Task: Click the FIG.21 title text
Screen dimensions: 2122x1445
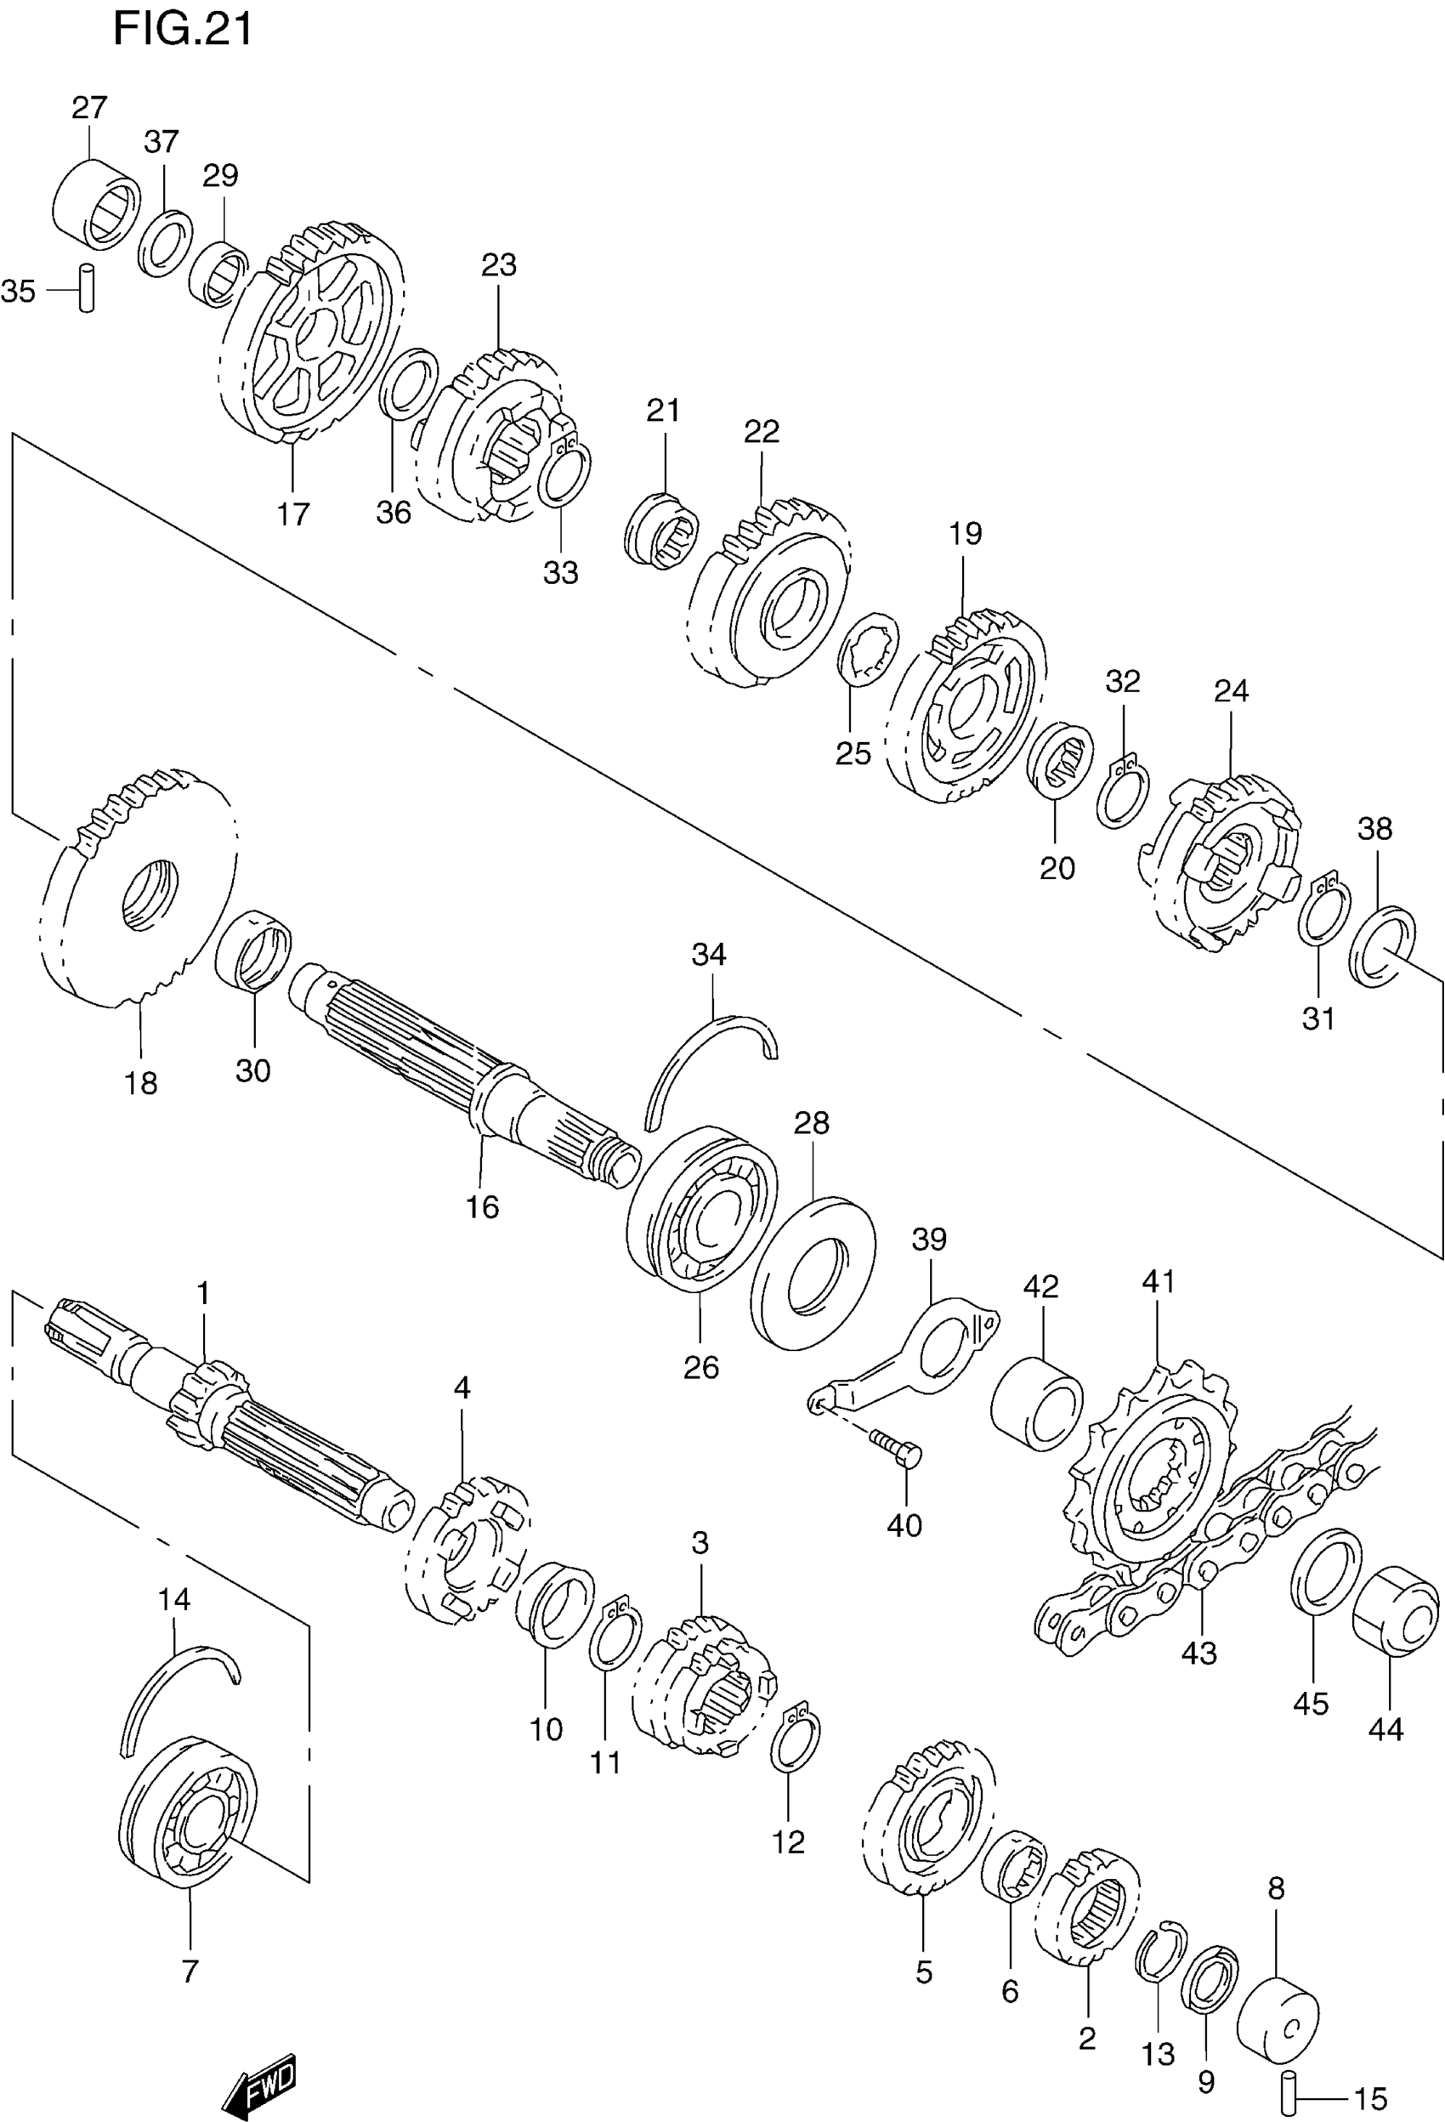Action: coord(182,29)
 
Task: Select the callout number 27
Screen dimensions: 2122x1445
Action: coord(89,108)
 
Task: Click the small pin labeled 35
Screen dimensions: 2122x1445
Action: coord(87,288)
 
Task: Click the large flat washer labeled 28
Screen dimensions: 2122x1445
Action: coord(813,1274)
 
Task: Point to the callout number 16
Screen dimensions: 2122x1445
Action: coord(482,1207)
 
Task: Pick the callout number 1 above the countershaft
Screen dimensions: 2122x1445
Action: coord(202,1293)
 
